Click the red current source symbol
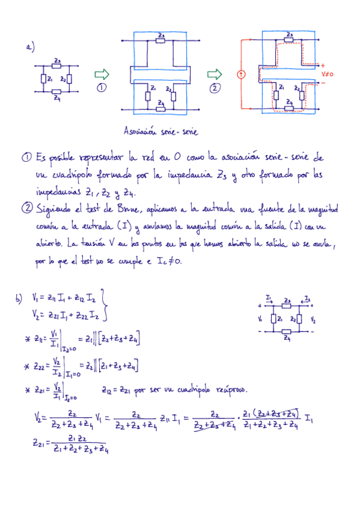pyautogui.click(x=241, y=75)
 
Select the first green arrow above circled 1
pyautogui.click(x=102, y=74)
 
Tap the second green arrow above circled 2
pyautogui.click(x=215, y=75)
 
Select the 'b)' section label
pyautogui.click(x=20, y=297)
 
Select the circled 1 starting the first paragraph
pyautogui.click(x=26, y=158)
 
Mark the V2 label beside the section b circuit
pyautogui.click(x=313, y=319)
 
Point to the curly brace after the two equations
pyautogui.click(x=106, y=304)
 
